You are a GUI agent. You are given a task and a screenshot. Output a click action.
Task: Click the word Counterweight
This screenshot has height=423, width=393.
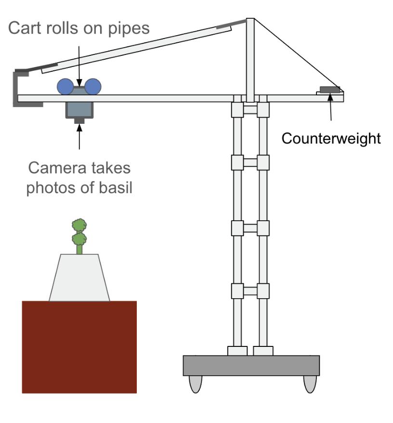(x=331, y=139)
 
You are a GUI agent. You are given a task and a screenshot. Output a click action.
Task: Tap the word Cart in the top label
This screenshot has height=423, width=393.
(x=26, y=28)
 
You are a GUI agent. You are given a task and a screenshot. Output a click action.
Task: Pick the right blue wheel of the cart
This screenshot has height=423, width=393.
(x=92, y=86)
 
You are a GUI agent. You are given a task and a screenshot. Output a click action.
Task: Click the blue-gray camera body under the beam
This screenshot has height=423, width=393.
(x=79, y=110)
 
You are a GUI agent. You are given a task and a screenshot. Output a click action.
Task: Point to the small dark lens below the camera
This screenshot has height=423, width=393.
(x=79, y=120)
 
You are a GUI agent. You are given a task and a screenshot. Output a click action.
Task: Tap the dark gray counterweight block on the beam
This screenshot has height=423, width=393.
(x=329, y=89)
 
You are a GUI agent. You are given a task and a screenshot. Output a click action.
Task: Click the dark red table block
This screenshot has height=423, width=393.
(x=79, y=347)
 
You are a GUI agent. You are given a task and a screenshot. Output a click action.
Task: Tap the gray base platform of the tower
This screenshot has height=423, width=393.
(x=251, y=366)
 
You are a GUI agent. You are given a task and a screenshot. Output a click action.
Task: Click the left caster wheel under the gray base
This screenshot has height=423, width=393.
(x=195, y=383)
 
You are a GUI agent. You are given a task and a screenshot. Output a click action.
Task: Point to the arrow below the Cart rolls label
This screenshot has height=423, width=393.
(x=79, y=63)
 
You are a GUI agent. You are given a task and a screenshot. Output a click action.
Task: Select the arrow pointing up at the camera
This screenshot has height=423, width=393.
(x=79, y=137)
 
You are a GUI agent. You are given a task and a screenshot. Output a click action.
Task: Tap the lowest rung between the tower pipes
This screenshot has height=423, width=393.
(x=250, y=291)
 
